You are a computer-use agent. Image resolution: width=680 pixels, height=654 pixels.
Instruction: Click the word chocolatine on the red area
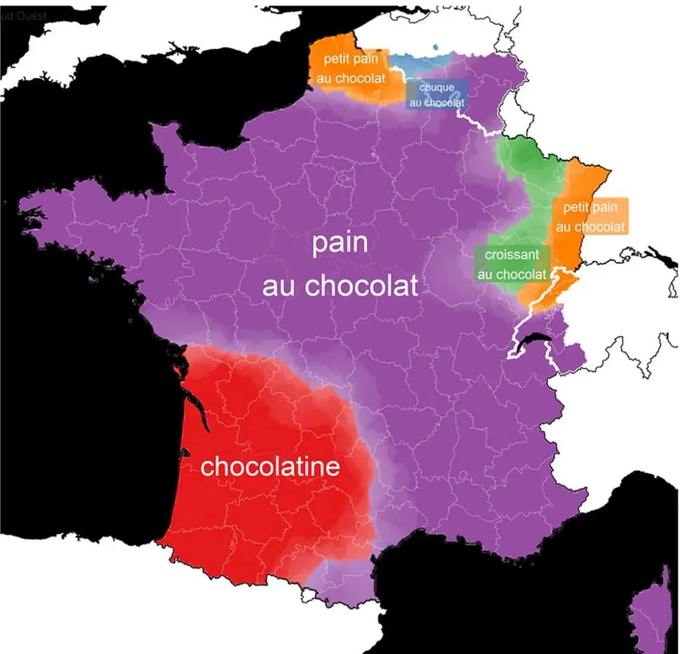pos(270,466)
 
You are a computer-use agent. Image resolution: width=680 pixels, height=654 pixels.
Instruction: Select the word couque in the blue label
pos(436,88)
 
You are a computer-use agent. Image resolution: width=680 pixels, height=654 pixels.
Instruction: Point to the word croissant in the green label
pos(512,255)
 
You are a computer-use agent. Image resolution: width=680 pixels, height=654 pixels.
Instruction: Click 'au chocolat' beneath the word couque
pos(436,102)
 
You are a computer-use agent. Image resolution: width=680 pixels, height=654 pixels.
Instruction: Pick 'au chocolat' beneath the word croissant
pos(512,274)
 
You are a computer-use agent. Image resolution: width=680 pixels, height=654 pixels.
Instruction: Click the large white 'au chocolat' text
pos(340,285)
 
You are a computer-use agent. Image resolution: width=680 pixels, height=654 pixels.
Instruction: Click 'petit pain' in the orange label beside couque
pos(351,59)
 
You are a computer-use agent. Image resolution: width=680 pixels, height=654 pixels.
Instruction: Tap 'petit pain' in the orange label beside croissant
pos(590,208)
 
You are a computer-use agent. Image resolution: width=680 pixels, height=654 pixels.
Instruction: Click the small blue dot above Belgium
pos(436,47)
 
